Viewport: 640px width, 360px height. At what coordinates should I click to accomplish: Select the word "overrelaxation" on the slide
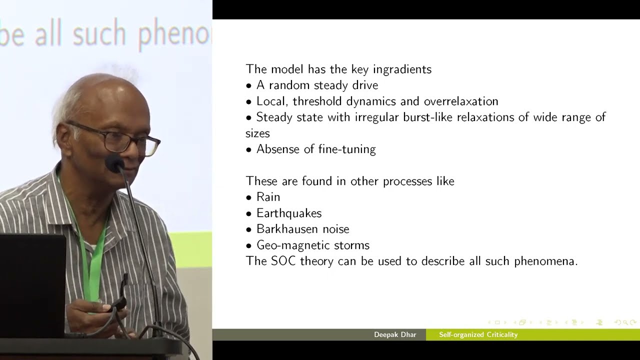click(461, 101)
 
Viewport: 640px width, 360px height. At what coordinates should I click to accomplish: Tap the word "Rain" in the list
click(268, 197)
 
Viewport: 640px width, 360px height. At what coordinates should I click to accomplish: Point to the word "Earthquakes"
click(289, 213)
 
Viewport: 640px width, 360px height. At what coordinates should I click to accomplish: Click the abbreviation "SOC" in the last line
click(282, 261)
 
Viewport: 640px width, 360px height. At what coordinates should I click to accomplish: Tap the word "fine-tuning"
click(347, 149)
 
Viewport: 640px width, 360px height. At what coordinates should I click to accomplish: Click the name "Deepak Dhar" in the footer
click(395, 334)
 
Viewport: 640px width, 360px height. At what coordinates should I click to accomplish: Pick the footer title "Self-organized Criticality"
click(478, 334)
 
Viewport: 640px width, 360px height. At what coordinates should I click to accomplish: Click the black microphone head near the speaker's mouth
click(114, 163)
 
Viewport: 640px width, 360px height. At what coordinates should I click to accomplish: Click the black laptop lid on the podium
click(32, 285)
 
